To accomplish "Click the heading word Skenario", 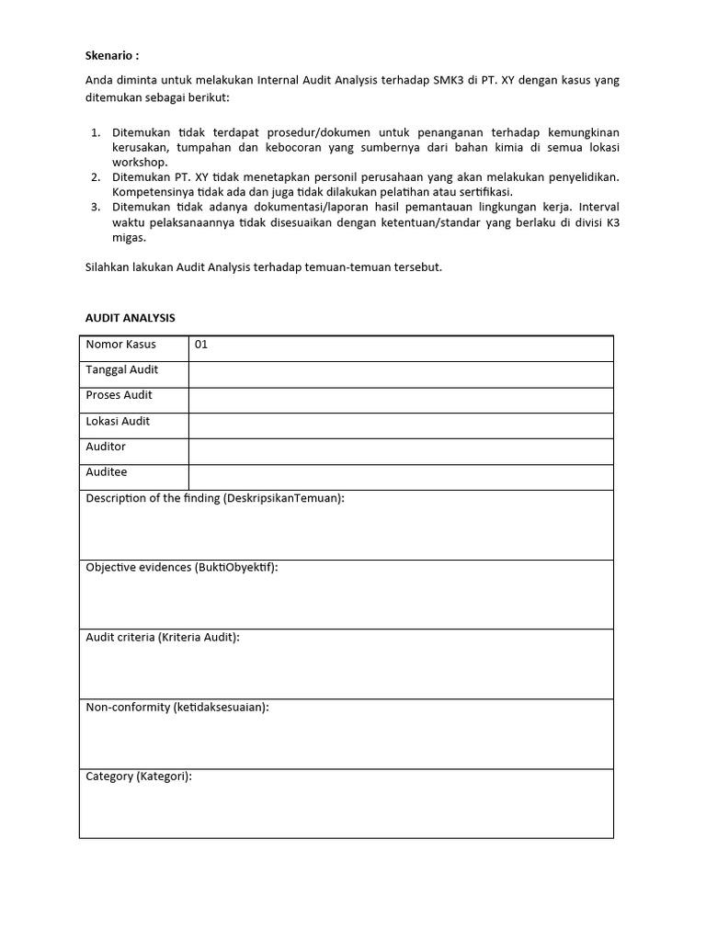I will pos(111,53).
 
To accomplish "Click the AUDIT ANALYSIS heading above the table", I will pos(131,318).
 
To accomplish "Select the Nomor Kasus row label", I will pos(120,345).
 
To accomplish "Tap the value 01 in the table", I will pos(202,346).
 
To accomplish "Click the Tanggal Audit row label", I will pos(122,370).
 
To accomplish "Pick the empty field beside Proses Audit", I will pos(401,400).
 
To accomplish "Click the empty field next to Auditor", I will pos(401,451).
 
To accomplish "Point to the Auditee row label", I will pos(107,472).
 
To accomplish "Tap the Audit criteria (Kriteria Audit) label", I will pos(163,637).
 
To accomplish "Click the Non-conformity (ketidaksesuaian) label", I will pos(177,707).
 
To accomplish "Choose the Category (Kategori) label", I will pos(139,777).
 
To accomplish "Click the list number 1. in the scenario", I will pos(96,133).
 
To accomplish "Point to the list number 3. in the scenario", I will pos(96,207).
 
